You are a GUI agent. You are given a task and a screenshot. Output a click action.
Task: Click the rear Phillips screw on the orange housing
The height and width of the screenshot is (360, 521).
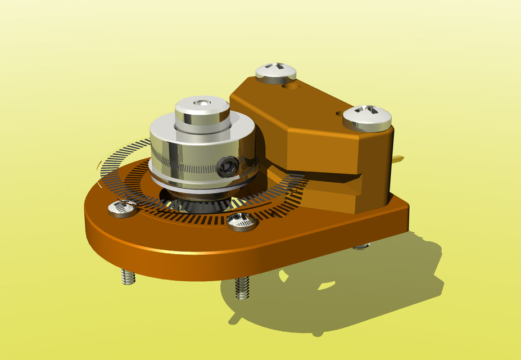pos(275,73)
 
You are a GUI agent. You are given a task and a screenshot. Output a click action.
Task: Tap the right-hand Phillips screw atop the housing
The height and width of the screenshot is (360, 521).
pos(367,117)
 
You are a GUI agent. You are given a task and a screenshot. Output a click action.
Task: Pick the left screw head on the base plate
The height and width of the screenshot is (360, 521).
pos(122,208)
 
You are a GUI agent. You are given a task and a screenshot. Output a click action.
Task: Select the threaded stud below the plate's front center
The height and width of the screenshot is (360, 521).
pos(242,288)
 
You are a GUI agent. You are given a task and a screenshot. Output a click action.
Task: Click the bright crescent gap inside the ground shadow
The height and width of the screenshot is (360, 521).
pos(326,286)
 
